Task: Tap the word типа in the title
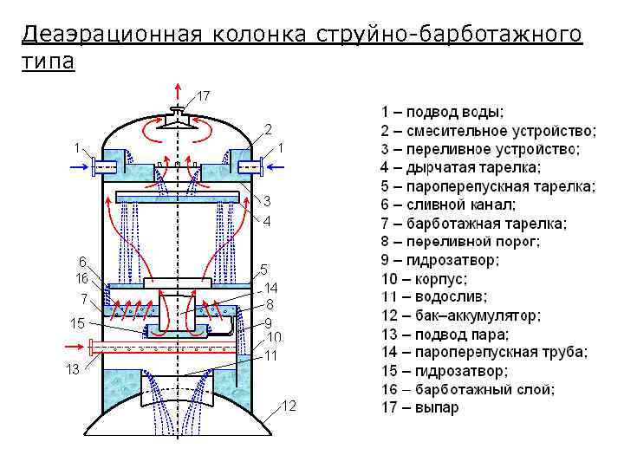(49, 62)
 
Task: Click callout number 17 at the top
(205, 94)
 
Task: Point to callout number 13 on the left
(74, 370)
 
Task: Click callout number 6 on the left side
(81, 261)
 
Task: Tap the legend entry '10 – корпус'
(425, 279)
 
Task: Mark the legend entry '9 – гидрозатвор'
(439, 260)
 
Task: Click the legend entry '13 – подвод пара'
(445, 334)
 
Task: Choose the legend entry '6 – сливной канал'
(448, 205)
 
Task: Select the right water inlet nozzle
(245, 166)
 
